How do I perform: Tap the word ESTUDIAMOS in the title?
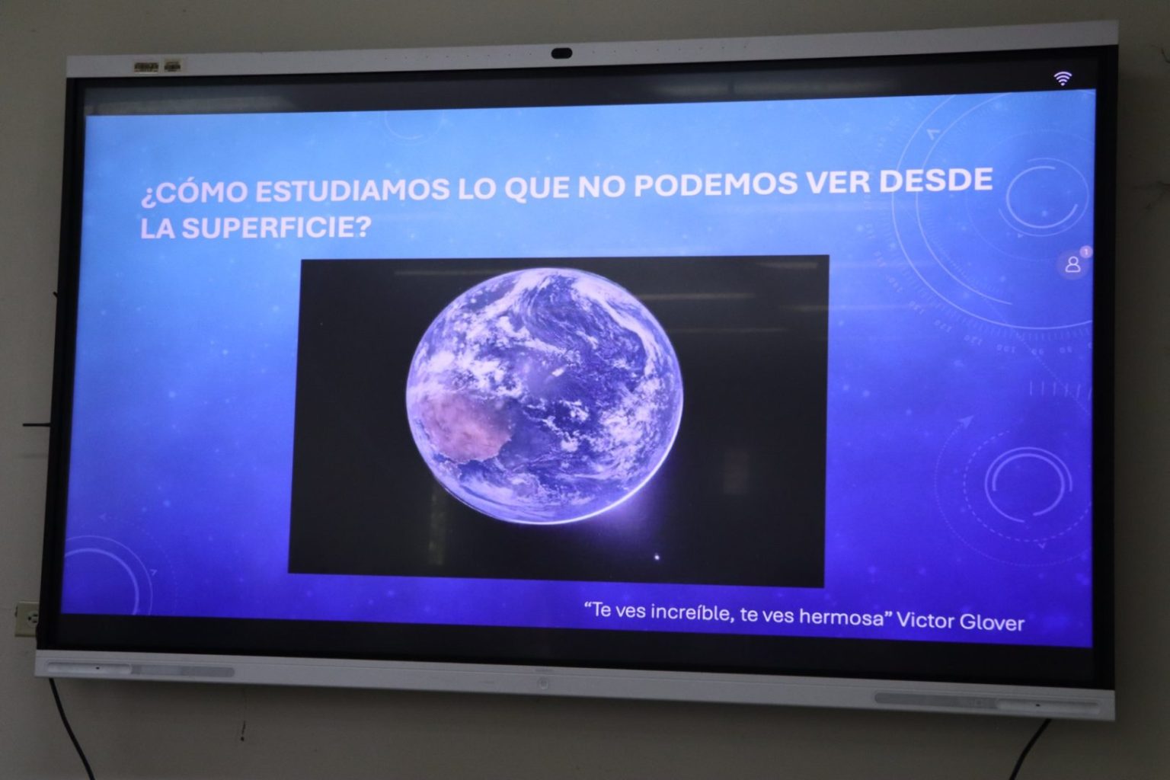(x=351, y=190)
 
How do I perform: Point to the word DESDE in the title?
(x=935, y=181)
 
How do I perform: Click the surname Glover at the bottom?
(x=992, y=622)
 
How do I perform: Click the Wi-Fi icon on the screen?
(x=1063, y=78)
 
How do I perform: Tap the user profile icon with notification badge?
(x=1072, y=263)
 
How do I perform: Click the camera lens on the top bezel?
(x=561, y=53)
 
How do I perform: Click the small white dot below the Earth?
(x=657, y=558)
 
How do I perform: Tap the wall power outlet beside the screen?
(x=26, y=619)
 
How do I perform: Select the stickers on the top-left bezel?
(x=157, y=67)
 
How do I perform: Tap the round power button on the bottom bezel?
(x=543, y=682)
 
